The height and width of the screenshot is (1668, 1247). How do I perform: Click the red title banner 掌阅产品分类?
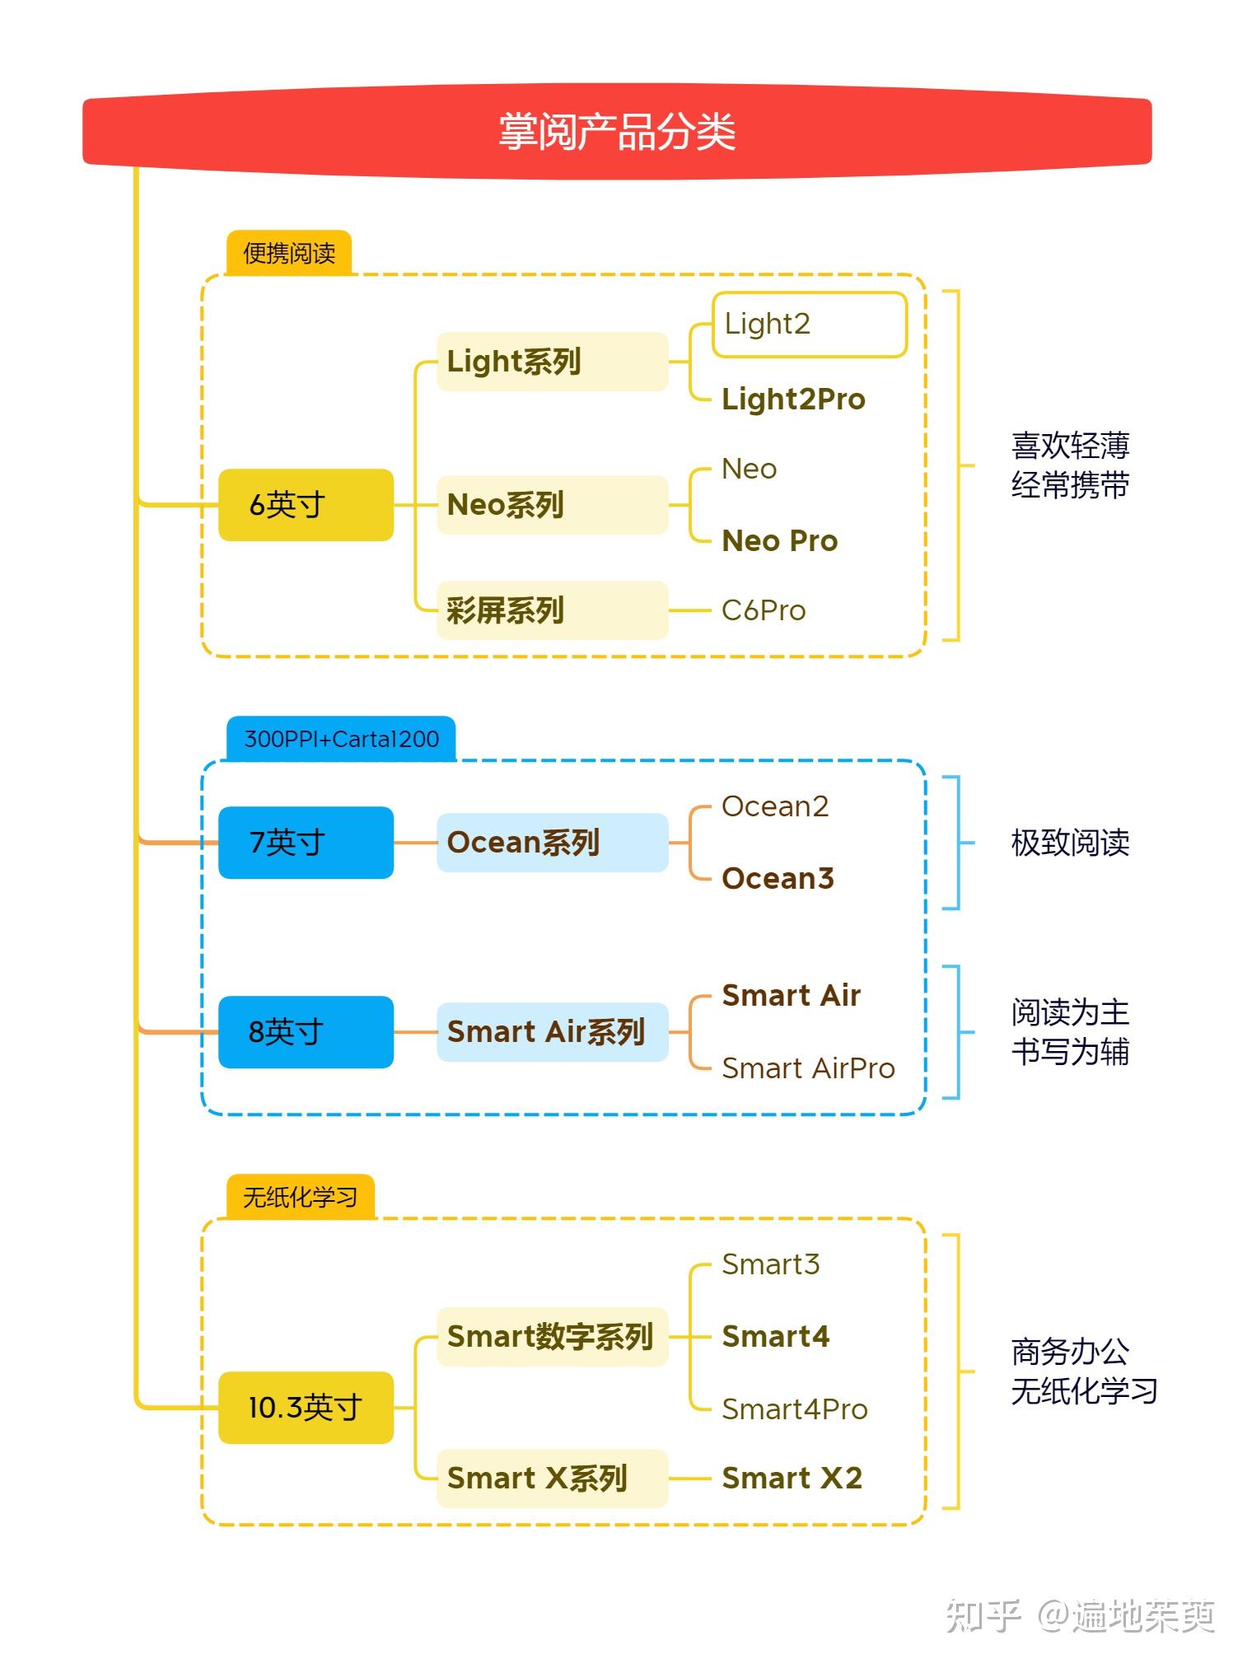point(616,132)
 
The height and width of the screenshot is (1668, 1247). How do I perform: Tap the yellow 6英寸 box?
point(306,504)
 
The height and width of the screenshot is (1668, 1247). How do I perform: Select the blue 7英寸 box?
point(306,842)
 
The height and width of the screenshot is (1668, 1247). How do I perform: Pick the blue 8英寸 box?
point(306,1031)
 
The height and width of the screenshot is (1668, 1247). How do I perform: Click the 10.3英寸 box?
point(306,1407)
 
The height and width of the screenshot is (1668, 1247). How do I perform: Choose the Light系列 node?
point(551,362)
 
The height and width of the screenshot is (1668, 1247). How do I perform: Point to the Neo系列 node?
point(551,504)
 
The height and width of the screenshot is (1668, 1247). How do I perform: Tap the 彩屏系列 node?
point(551,610)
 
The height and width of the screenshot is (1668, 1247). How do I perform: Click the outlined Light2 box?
point(809,325)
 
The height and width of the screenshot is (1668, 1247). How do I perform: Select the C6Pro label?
point(763,610)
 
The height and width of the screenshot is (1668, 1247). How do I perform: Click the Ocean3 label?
point(777,878)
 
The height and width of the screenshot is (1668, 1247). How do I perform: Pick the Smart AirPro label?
point(807,1068)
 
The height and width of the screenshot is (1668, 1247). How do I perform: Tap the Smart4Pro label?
point(794,1409)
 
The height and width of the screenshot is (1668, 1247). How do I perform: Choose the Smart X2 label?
point(792,1478)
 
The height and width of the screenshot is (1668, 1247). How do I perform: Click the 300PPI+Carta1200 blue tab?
point(341,739)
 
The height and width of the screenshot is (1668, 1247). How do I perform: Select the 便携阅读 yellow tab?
point(289,253)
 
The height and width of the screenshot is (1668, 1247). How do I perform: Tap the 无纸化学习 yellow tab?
point(300,1197)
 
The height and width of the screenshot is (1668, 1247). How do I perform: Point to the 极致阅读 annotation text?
point(1069,842)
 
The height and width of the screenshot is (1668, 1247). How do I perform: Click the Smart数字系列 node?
point(551,1336)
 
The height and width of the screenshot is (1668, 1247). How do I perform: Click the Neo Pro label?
point(779,540)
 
